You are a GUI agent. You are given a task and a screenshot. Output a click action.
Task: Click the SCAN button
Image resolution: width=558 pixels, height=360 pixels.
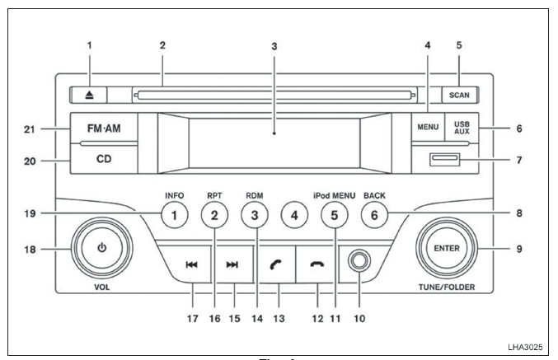[459, 95]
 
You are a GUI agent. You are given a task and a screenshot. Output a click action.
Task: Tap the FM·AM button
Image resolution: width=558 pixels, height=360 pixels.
[104, 128]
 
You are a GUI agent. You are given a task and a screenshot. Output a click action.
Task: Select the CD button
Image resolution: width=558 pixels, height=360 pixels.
[104, 159]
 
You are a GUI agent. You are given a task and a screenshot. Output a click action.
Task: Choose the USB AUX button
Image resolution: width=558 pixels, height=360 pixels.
[462, 127]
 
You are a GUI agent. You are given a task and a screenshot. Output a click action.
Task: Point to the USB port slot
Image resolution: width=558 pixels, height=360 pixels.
[445, 159]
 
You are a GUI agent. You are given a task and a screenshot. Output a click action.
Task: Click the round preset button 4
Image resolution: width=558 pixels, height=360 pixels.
[294, 215]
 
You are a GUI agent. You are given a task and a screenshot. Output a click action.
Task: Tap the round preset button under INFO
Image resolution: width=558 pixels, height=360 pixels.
[175, 215]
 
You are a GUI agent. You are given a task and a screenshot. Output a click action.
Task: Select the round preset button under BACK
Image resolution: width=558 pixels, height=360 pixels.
[374, 215]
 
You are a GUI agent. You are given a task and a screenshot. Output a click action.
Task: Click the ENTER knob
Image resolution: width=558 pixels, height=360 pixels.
[447, 248]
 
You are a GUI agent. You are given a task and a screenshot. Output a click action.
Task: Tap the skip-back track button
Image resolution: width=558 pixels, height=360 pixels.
[191, 264]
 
